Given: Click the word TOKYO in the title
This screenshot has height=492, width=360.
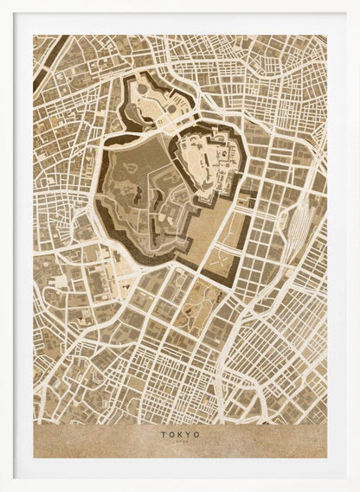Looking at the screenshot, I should point(180,434).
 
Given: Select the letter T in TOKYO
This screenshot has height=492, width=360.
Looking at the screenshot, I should point(162,434).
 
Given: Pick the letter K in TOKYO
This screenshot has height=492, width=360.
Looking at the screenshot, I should point(180,434).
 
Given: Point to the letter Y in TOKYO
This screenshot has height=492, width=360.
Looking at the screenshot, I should point(189,434).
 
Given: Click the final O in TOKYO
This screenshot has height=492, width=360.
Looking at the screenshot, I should point(197,434).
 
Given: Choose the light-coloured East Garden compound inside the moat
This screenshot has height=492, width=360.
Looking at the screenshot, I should point(210,164).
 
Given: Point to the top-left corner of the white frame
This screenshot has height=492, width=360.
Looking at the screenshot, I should point(3,3).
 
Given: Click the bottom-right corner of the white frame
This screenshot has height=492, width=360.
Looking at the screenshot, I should point(356,488).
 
